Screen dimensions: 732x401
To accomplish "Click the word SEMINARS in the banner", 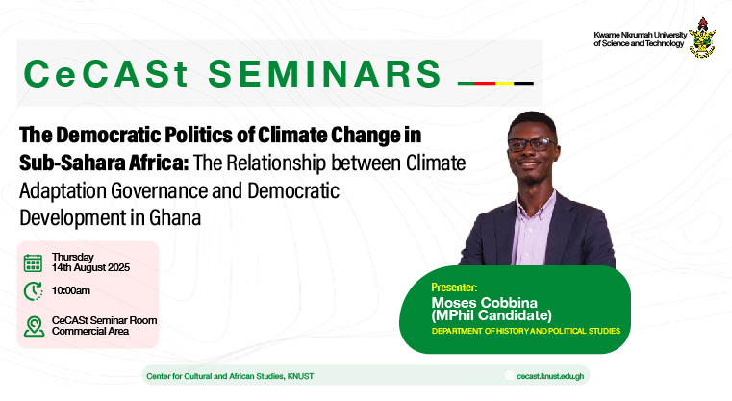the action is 324,74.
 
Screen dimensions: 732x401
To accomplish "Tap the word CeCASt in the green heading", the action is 106,74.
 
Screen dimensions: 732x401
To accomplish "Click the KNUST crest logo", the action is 702,38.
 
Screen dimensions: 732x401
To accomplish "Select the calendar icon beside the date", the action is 33,263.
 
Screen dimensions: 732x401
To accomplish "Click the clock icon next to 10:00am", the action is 33,291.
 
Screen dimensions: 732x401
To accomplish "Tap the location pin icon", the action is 34,326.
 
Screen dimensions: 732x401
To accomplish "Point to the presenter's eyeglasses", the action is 532,144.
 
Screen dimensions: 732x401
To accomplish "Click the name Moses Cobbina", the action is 484,302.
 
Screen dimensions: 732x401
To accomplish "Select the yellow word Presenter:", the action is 454,288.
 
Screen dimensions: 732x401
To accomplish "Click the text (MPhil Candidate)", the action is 492,315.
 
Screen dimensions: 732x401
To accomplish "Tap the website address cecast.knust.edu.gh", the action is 550,376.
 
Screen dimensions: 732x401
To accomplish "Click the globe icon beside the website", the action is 509,376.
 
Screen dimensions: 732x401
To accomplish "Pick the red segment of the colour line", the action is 485,83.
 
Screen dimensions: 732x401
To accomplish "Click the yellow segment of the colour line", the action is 505,83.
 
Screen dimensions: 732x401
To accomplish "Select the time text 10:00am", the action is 71,290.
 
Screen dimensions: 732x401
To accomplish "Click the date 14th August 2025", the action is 90,268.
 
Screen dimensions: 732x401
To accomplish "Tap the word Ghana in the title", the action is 175,217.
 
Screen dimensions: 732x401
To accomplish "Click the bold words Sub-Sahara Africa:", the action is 104,163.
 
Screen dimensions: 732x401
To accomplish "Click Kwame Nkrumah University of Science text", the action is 640,39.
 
